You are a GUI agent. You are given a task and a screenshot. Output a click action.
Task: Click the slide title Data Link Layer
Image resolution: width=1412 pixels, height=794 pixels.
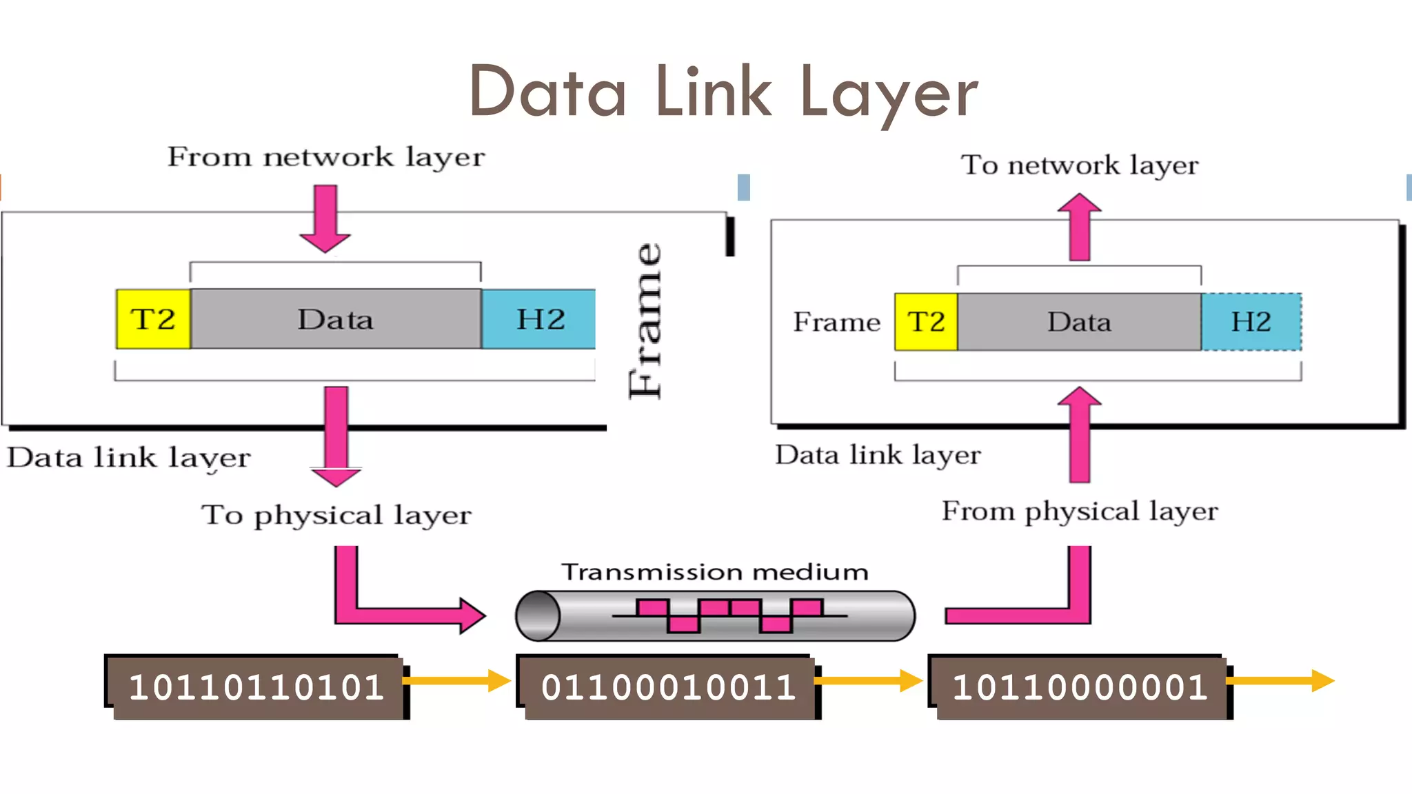click(723, 92)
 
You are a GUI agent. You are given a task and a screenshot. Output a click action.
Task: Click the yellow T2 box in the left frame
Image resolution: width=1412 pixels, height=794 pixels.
click(153, 319)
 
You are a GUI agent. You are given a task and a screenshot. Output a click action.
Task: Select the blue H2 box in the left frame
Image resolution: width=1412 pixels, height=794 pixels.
click(538, 319)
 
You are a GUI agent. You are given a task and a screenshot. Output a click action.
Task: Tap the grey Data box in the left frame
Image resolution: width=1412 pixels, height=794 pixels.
click(336, 319)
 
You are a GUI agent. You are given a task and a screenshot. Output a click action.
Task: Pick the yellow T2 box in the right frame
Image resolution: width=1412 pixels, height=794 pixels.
click(926, 322)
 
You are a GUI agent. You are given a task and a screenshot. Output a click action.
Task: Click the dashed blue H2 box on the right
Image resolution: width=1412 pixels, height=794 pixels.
click(1251, 322)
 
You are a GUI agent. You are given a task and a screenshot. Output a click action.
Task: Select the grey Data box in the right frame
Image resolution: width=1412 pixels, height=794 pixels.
click(1079, 322)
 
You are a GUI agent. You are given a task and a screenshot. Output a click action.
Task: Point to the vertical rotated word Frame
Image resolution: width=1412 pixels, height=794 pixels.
click(646, 321)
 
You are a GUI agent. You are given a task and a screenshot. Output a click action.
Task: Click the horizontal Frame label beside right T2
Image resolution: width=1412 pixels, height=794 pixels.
click(836, 322)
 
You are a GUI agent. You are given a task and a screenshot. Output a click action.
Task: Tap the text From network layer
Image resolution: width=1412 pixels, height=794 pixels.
click(326, 157)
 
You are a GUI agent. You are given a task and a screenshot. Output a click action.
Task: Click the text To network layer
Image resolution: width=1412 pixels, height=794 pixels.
click(1080, 165)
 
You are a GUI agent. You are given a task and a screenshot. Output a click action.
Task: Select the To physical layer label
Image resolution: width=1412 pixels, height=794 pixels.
click(336, 515)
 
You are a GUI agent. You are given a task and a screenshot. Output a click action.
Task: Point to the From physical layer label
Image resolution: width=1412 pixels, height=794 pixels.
click(1080, 511)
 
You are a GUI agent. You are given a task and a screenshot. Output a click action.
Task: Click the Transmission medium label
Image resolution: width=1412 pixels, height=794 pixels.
click(714, 572)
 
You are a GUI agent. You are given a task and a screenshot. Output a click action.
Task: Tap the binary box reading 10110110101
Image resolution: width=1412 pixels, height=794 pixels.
click(256, 687)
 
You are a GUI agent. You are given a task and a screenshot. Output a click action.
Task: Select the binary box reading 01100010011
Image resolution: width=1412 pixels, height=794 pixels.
click(667, 687)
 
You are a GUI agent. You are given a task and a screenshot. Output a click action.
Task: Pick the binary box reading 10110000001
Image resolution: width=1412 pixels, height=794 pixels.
click(1080, 687)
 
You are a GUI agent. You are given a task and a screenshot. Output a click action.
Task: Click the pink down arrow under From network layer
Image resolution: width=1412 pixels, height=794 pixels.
click(325, 218)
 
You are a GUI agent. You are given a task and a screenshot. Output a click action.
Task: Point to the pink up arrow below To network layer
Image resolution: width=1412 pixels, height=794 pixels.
click(1080, 227)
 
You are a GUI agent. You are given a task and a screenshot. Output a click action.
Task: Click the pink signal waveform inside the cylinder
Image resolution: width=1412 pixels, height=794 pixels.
click(729, 615)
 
